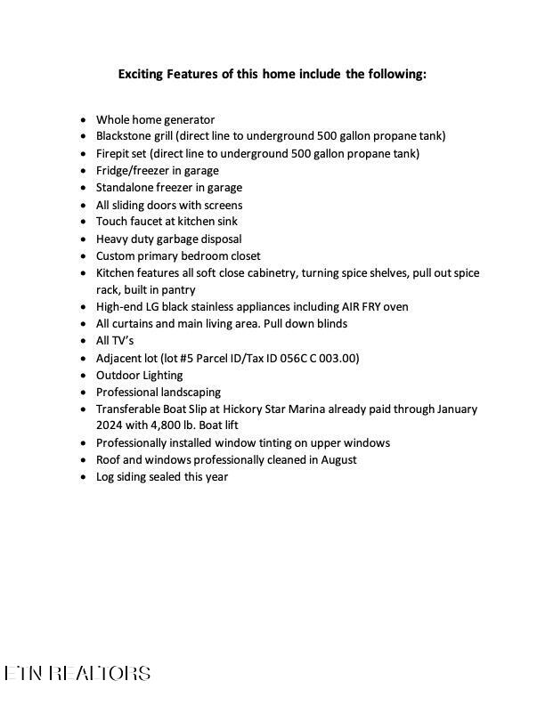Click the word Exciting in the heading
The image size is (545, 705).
(141, 74)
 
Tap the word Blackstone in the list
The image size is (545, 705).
(125, 136)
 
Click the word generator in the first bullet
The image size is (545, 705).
(186, 119)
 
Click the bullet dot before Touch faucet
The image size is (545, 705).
(84, 222)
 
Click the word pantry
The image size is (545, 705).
(176, 289)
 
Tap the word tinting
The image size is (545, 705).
(284, 442)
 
